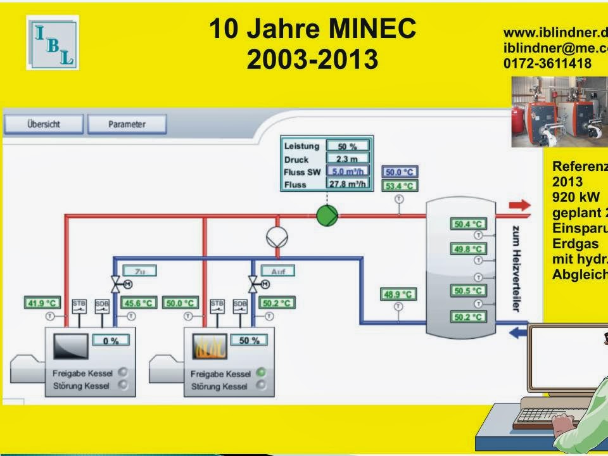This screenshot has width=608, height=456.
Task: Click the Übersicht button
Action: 43,124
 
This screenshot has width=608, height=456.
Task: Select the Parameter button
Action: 127,124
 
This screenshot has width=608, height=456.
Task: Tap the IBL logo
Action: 53,42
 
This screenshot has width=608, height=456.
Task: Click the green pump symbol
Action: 327,215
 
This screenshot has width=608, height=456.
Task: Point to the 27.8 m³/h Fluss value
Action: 347,184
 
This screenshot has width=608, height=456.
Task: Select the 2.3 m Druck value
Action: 347,159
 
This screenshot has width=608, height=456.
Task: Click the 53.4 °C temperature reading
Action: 399,186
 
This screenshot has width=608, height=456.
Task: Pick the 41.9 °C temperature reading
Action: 43,303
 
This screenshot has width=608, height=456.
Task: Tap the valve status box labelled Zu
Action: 139,271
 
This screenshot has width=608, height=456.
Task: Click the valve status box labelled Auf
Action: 277,271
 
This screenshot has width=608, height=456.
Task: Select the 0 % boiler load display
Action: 111,341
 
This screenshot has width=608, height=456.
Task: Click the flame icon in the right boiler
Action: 209,347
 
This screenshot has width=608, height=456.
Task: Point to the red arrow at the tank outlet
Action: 520,205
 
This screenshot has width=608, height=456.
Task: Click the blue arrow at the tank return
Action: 519,331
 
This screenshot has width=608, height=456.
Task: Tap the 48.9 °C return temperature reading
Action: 398,294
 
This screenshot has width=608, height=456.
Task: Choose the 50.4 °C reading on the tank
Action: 468,224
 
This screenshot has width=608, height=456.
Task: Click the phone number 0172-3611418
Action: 547,63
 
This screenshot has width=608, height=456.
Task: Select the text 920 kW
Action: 576,196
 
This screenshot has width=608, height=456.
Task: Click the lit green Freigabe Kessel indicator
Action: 261,373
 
